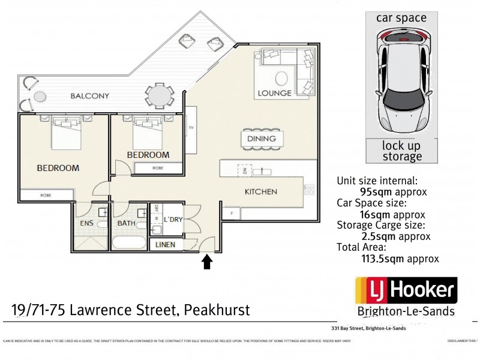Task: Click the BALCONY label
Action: [x=89, y=95]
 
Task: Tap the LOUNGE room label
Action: [x=274, y=93]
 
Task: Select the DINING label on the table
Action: [x=261, y=139]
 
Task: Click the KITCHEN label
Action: [x=261, y=192]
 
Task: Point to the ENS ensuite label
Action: [x=86, y=224]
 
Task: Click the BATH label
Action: [x=126, y=224]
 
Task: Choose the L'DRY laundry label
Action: [x=173, y=220]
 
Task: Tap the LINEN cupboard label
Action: [x=166, y=245]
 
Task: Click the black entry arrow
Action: [x=208, y=262]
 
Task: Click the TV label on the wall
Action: [x=191, y=127]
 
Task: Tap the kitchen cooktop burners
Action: [x=310, y=190]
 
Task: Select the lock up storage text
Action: [x=401, y=151]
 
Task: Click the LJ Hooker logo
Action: [x=406, y=292]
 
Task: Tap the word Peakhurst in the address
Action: [x=217, y=310]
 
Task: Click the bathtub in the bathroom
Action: [x=129, y=242]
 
